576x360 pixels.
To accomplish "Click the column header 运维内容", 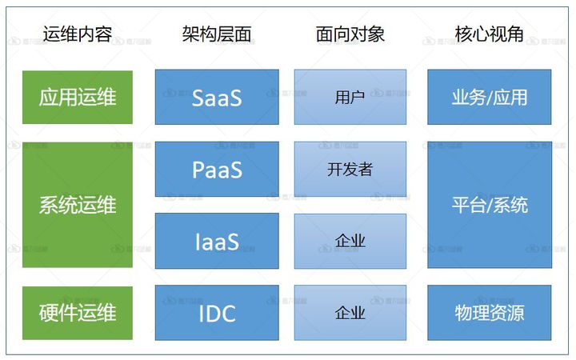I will click(77, 34).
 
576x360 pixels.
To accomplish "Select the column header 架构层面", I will click(217, 34).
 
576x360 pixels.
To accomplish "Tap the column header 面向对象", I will click(350, 34).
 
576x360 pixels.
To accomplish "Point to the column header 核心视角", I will click(490, 34).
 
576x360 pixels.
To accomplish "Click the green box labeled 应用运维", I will click(77, 98).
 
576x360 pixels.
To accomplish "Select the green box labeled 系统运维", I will click(77, 205).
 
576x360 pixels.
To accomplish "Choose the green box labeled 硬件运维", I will click(77, 312).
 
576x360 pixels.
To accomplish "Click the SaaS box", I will click(217, 98).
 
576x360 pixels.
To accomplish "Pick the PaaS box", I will click(217, 170).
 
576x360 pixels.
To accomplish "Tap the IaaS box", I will click(217, 241).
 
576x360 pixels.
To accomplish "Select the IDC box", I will click(217, 312).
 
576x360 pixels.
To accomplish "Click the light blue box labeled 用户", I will click(350, 98).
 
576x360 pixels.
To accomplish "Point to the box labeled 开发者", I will click(350, 170).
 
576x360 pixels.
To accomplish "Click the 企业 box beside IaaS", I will click(350, 241).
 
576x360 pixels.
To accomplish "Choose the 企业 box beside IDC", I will click(350, 312).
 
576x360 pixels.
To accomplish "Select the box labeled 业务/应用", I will click(490, 98).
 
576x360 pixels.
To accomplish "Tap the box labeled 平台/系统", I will click(490, 205).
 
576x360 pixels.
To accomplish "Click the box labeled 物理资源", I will click(490, 312).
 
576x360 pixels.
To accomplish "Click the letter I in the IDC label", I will click(201, 313).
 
